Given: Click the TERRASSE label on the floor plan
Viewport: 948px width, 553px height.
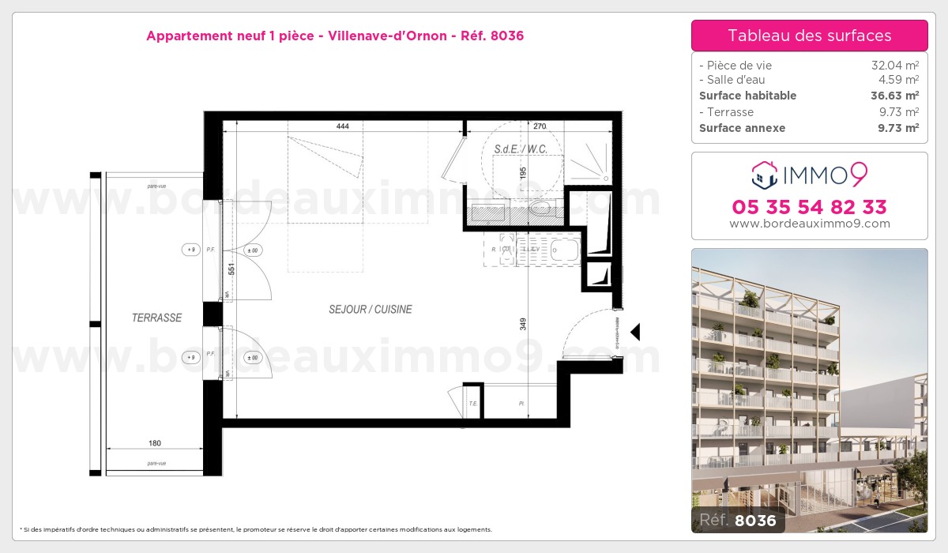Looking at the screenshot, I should pyautogui.click(x=156, y=318).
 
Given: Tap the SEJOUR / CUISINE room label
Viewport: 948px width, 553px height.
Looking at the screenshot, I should pyautogui.click(x=371, y=310).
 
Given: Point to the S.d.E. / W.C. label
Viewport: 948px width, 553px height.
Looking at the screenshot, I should pyautogui.click(x=521, y=149).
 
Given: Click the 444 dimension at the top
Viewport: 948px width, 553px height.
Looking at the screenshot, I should pyautogui.click(x=342, y=126).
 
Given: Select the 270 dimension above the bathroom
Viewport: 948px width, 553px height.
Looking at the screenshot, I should pyautogui.click(x=540, y=126).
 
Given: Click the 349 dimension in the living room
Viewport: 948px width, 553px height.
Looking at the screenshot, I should pyautogui.click(x=523, y=324).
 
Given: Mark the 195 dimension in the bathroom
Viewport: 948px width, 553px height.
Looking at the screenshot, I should pyautogui.click(x=523, y=173).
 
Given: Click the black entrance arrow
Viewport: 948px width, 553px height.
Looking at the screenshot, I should pyautogui.click(x=634, y=333).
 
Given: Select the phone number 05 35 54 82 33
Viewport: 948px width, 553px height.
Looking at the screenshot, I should pyautogui.click(x=809, y=207).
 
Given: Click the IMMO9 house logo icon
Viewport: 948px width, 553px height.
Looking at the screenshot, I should pyautogui.click(x=764, y=175).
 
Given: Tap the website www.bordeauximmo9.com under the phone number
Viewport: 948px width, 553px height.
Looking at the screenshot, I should pyautogui.click(x=809, y=224).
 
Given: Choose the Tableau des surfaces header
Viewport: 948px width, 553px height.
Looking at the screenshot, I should pyautogui.click(x=809, y=36).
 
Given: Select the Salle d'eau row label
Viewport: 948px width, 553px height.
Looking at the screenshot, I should pyautogui.click(x=732, y=80).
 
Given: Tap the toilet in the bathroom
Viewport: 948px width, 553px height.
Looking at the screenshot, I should pyautogui.click(x=543, y=209).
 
